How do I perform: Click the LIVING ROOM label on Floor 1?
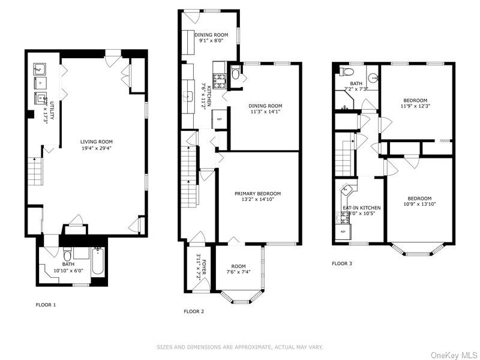97,142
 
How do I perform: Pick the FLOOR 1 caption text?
46,305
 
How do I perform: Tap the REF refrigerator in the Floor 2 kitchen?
219,119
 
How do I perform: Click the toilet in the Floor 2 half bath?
236,74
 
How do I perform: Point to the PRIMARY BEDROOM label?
257,193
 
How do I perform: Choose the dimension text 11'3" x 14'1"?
266,112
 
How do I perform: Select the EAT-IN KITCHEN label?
361,208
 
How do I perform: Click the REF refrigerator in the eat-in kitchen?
343,232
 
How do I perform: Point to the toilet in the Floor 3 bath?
343,72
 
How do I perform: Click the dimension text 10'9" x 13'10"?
419,205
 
